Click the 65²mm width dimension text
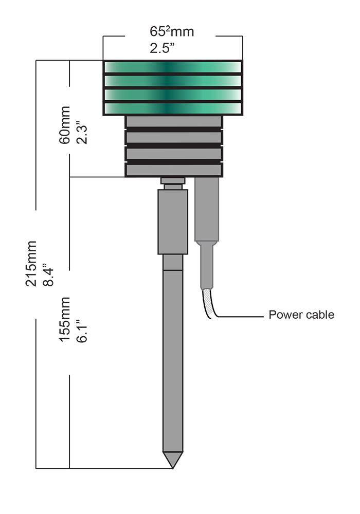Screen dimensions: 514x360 click(x=172, y=32)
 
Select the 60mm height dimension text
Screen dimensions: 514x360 click(x=65, y=126)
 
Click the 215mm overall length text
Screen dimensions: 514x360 click(x=32, y=263)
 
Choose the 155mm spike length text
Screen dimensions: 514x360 click(x=65, y=319)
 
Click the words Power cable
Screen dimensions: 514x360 click(x=301, y=315)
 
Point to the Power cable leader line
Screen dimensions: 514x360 click(x=242, y=317)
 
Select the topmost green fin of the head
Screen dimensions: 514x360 click(x=173, y=67)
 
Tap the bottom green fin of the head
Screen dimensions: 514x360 click(x=173, y=108)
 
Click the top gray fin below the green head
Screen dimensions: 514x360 click(x=174, y=121)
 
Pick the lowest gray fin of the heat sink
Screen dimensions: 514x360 click(x=174, y=170)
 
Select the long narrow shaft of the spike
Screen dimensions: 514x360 click(x=172, y=360)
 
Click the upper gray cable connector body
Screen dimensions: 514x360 click(x=207, y=208)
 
